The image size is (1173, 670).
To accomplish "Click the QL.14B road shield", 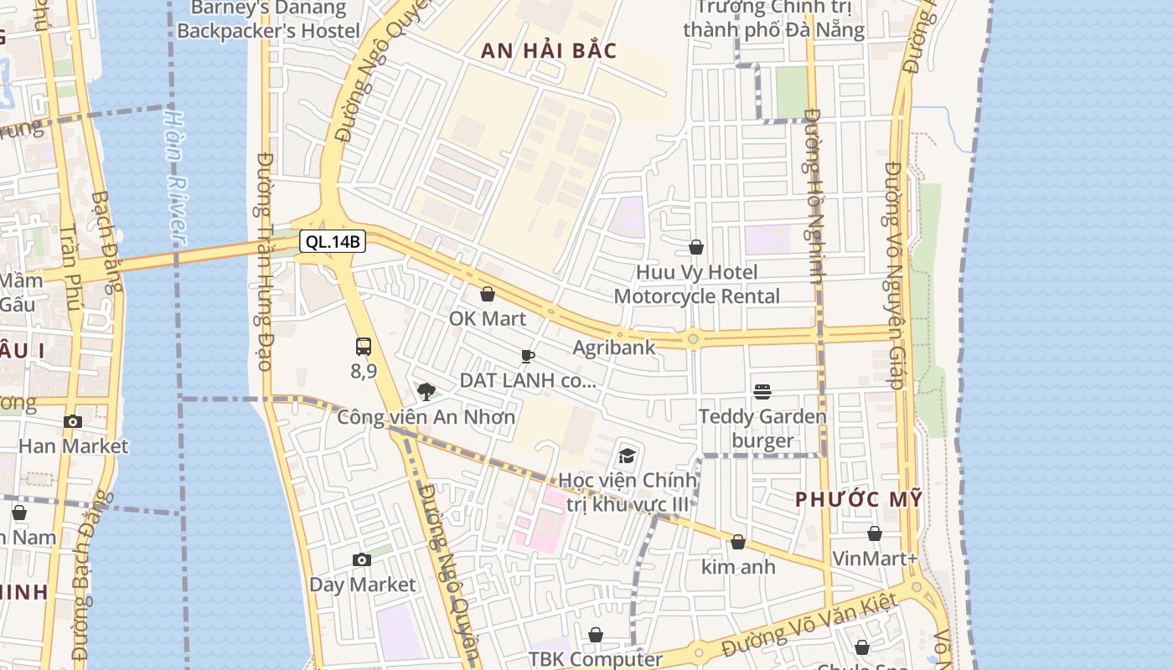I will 333,242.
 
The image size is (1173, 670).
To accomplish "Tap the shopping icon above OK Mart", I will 488,294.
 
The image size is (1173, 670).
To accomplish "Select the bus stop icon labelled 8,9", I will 364,346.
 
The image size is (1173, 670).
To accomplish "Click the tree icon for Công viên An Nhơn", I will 426,390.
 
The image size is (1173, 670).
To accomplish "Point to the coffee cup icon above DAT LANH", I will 527,356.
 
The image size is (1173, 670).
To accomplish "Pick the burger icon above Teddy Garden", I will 762,391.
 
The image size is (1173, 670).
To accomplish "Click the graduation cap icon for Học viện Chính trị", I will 627,456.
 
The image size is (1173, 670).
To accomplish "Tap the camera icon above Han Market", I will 73,421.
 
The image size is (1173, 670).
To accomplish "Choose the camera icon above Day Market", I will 362,559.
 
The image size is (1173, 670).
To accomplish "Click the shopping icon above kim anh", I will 738,542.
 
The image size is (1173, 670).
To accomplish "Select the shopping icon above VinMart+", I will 875,533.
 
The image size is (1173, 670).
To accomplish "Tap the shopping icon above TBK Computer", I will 596,635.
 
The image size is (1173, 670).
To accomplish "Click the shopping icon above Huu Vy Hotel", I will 696,247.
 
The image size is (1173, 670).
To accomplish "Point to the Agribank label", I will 614,347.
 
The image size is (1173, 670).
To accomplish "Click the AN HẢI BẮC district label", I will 549,50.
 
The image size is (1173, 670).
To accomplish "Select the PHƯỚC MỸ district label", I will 859,499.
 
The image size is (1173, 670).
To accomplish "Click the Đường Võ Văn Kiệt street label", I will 809,624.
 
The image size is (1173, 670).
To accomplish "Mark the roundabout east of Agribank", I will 693,338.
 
